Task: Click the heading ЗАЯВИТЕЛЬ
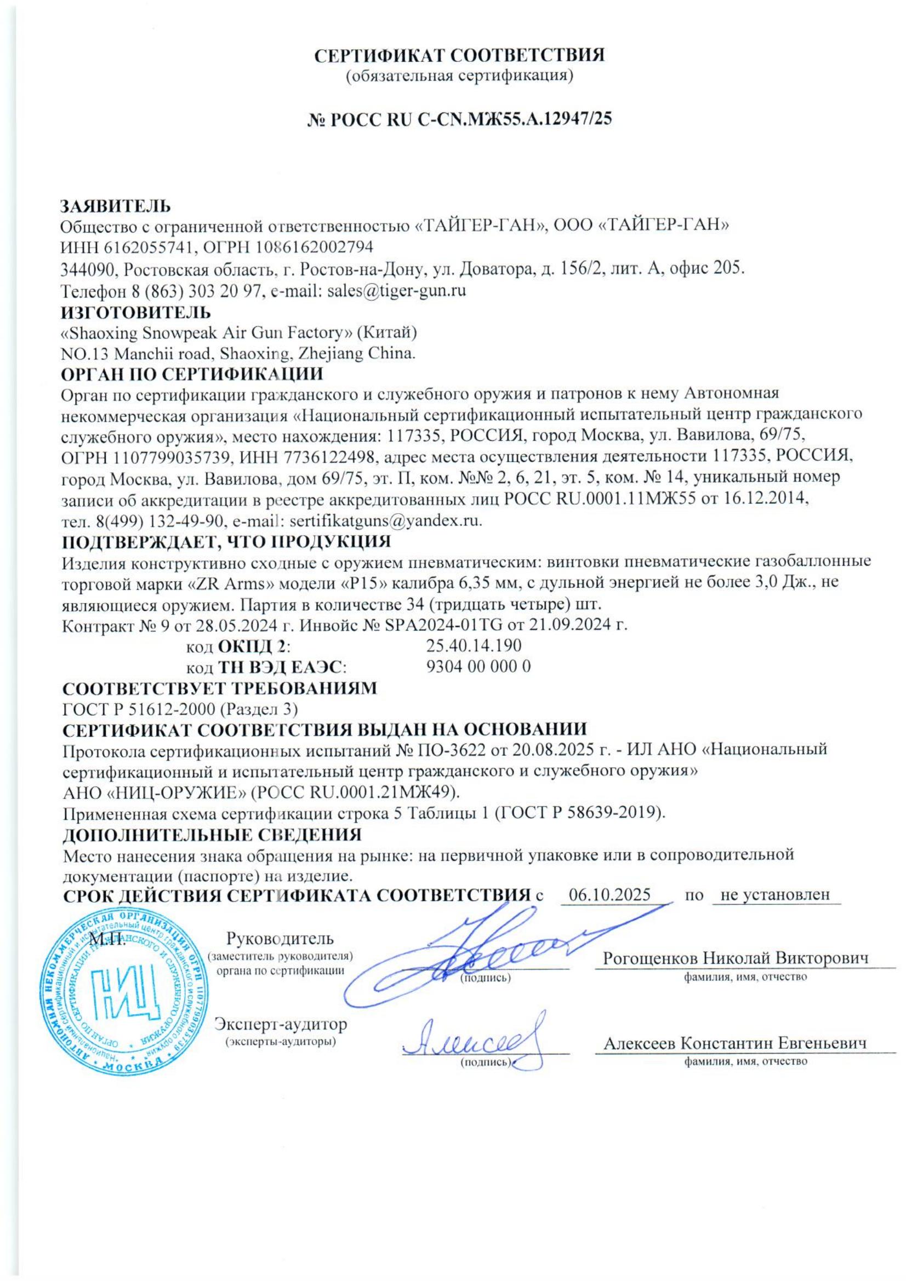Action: pyautogui.click(x=116, y=205)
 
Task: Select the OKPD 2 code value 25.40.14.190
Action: pyautogui.click(x=474, y=646)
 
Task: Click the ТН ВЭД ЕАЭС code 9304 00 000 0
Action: pyautogui.click(x=478, y=666)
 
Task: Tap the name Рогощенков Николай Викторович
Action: pyautogui.click(x=736, y=958)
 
